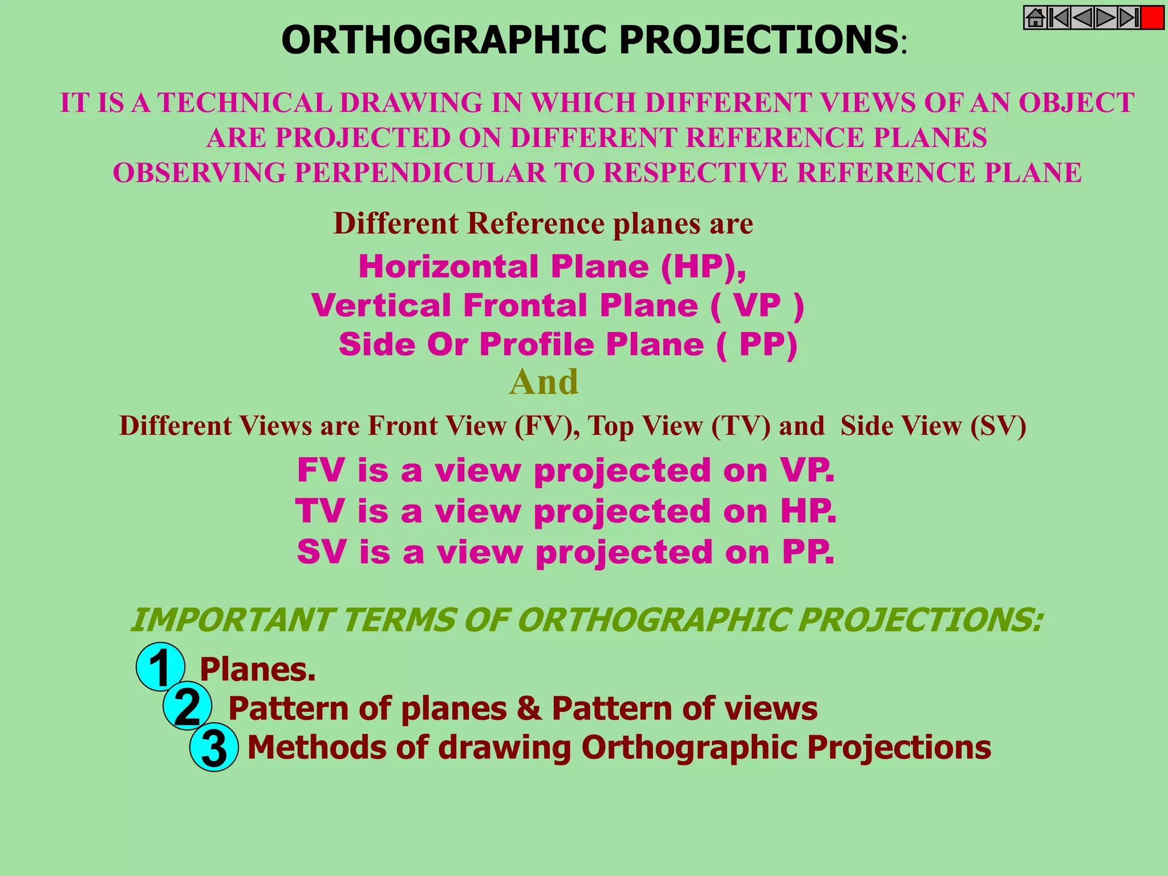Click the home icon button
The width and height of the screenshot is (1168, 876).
click(1035, 18)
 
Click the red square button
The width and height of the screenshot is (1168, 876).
click(1152, 18)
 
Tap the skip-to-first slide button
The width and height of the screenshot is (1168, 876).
click(1058, 18)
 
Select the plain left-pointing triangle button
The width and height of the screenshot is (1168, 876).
click(1082, 18)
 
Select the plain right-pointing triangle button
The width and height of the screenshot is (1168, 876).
click(1105, 18)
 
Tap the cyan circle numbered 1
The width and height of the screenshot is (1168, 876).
click(160, 667)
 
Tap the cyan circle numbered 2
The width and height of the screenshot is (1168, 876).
click(187, 706)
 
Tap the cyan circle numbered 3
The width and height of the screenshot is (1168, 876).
click(214, 747)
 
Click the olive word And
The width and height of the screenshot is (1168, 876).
click(544, 382)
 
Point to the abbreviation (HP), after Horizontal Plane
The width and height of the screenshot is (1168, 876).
click(703, 266)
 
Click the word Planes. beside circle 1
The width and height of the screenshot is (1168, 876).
click(257, 669)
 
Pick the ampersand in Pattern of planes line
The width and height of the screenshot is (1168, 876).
click(529, 708)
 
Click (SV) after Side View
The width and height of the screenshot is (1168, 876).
click(998, 426)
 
